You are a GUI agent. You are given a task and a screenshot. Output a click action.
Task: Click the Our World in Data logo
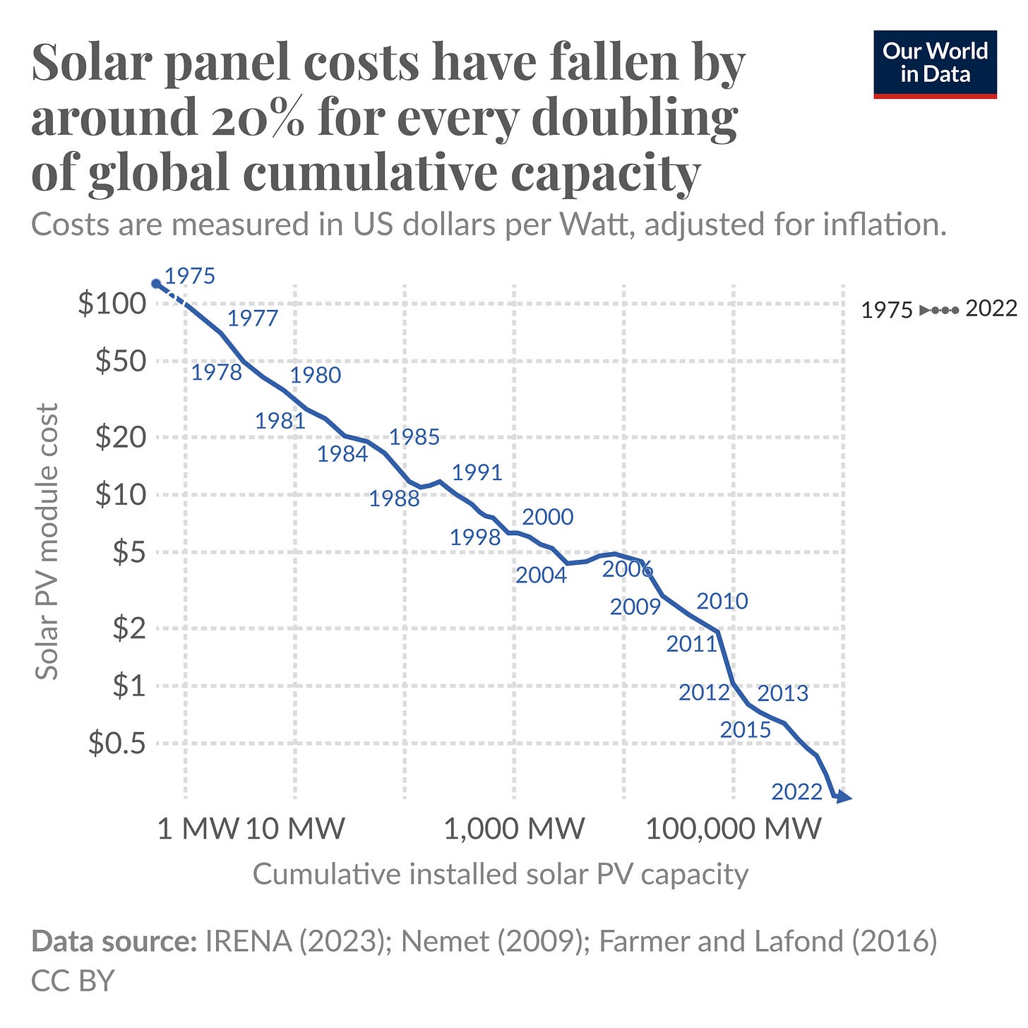935,64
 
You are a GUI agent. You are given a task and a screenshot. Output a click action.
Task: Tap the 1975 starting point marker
157,284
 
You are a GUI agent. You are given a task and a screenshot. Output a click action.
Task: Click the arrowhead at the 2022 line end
844,798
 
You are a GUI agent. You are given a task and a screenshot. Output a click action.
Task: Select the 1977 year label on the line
253,318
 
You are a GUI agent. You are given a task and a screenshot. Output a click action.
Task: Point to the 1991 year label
477,472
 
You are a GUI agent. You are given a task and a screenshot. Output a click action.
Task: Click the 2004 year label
541,575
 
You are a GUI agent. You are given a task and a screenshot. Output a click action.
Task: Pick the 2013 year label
782,693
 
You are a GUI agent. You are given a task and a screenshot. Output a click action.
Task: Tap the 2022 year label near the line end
796,792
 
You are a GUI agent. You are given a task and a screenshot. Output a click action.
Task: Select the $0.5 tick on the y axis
117,743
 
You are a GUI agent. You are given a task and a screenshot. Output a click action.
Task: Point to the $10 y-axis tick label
121,494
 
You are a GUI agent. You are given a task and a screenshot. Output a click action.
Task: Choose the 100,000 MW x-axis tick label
734,828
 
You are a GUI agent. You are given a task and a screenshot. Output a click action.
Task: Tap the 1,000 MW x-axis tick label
514,828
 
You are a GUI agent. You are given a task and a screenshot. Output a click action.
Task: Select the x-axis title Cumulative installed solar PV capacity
500,874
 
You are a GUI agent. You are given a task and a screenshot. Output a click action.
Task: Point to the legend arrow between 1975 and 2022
939,310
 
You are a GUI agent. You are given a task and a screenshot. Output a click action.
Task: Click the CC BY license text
73,981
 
